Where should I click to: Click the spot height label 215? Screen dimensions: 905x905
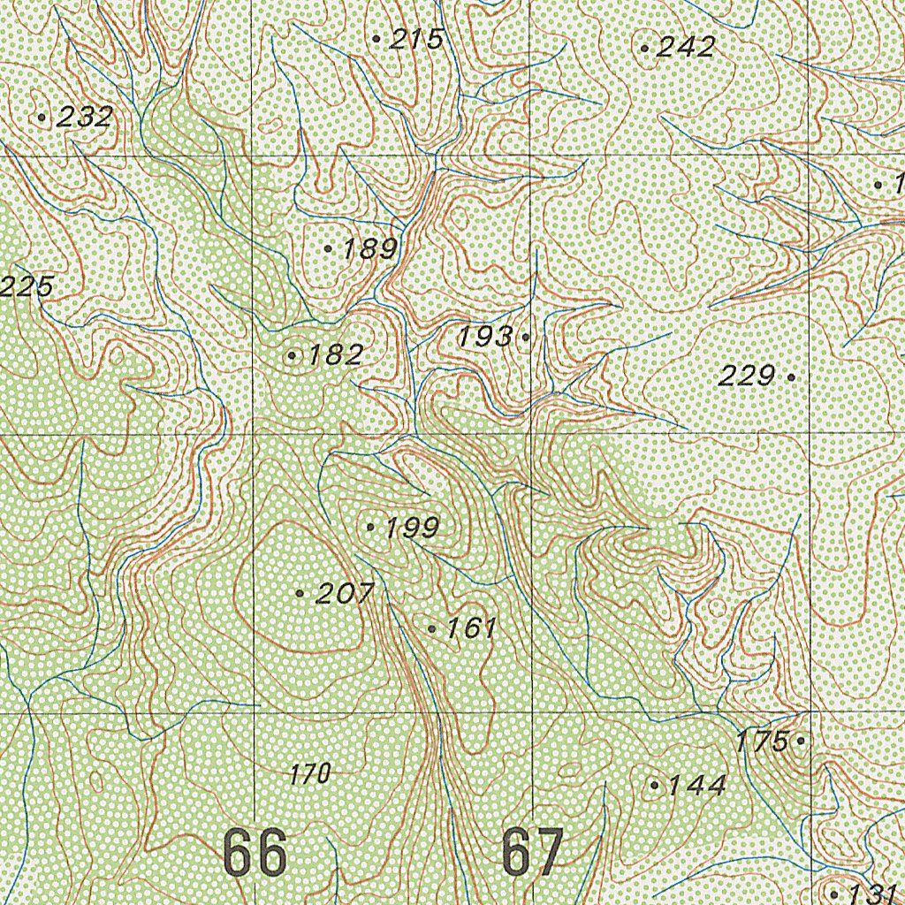(415, 39)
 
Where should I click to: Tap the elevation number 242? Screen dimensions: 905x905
(686, 48)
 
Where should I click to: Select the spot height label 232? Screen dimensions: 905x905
(84, 117)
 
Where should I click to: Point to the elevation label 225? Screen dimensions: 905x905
(27, 286)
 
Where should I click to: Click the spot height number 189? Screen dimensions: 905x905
(369, 249)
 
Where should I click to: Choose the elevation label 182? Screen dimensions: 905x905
(335, 355)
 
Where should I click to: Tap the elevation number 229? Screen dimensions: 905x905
(746, 377)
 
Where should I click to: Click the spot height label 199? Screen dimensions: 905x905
(412, 529)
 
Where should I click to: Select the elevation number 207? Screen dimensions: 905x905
(345, 594)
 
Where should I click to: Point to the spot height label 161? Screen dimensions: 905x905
(472, 629)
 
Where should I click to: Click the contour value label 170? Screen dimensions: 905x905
(310, 775)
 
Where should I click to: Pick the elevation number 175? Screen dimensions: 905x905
(762, 741)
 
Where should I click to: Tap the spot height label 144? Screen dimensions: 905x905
(697, 785)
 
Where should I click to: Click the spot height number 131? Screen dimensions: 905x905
(873, 893)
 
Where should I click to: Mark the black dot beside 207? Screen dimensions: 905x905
(300, 594)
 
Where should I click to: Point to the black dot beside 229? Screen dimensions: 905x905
(791, 376)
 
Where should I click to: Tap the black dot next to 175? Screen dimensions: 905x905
(801, 741)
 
